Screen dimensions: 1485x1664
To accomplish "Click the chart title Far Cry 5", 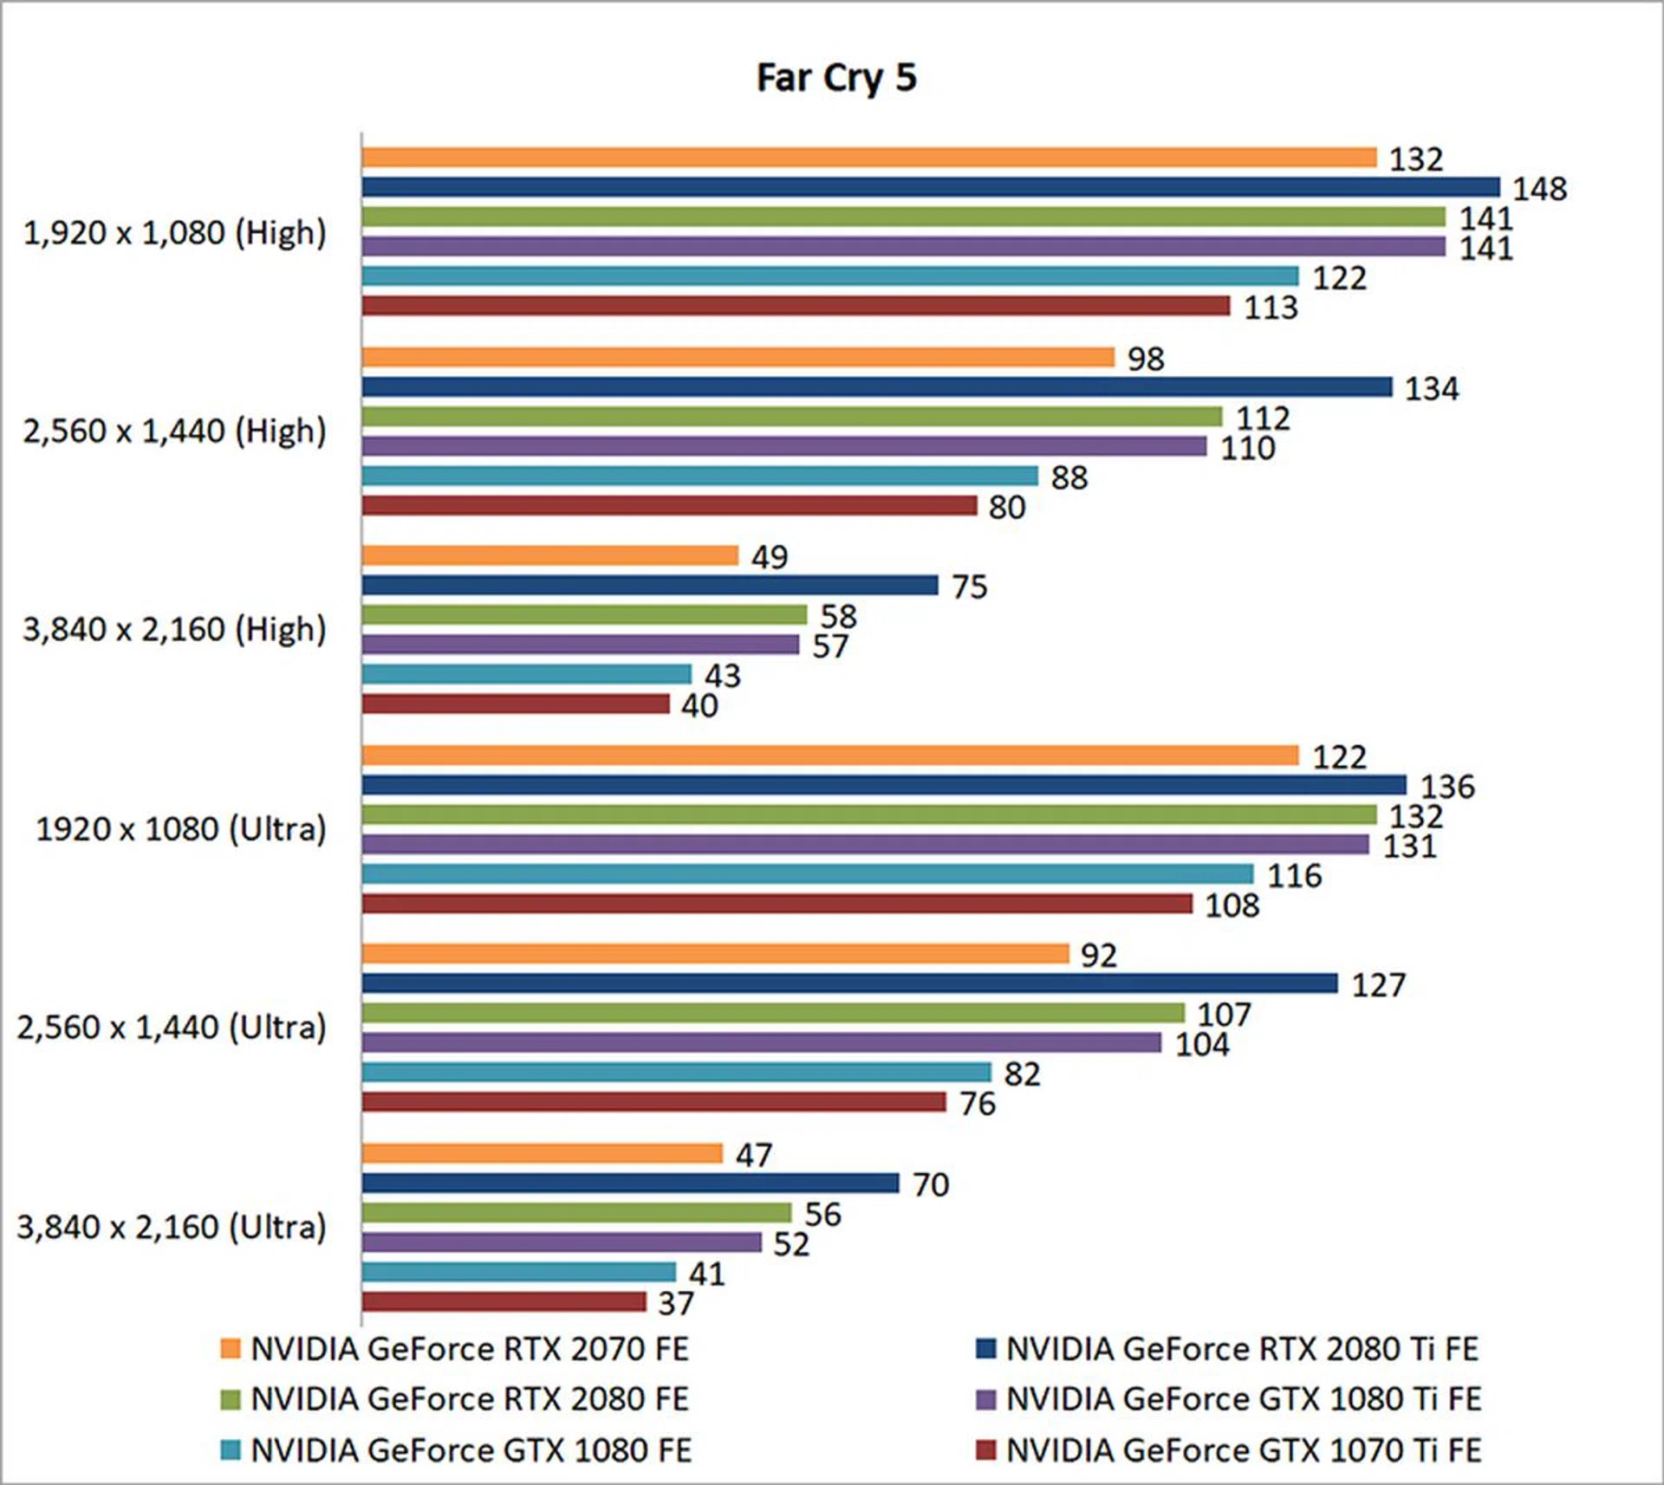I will tap(836, 78).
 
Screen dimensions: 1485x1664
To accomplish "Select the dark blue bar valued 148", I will tap(930, 187).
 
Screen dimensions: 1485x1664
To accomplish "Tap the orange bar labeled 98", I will tap(738, 357).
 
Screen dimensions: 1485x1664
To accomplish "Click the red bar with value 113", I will tap(796, 306).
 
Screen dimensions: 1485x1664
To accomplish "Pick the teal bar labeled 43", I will tap(527, 674).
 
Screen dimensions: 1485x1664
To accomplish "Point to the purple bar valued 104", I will tap(761, 1042).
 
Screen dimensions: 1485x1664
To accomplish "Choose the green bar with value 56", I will tap(576, 1212).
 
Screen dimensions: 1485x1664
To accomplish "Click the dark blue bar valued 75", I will tap(650, 585).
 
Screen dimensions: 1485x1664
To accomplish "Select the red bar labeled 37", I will tap(504, 1301).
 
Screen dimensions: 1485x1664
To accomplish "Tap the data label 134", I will tap(1431, 389).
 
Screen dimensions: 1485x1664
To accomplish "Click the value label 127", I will tap(1378, 985).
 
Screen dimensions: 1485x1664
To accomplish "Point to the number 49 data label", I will tap(769, 557).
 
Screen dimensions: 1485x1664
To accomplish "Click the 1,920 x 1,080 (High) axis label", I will tap(174, 232).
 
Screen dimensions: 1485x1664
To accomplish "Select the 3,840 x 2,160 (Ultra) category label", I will tap(172, 1227).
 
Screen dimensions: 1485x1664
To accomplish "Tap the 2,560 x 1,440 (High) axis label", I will tap(174, 431).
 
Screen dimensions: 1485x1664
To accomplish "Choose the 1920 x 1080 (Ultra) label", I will tap(180, 829).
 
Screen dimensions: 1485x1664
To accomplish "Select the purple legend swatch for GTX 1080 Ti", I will tap(985, 1400).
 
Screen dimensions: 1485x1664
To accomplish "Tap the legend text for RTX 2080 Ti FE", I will tap(1241, 1349).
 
